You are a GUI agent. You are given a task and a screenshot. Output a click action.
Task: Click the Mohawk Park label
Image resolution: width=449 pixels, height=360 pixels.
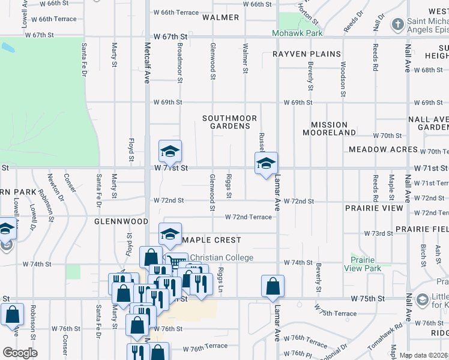(x=297, y=34)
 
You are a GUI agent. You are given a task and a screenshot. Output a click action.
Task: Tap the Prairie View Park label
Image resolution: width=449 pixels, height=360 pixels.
(x=363, y=265)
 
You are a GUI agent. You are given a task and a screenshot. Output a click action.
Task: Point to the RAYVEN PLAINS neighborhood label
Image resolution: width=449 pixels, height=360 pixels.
(x=307, y=54)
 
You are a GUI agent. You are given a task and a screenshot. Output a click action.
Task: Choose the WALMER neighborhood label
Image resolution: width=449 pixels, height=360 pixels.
(x=220, y=17)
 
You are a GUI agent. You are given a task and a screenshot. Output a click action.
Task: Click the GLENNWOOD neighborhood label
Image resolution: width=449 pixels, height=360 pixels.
(x=121, y=221)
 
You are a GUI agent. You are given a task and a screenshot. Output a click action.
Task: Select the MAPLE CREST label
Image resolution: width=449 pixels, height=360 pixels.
(x=211, y=240)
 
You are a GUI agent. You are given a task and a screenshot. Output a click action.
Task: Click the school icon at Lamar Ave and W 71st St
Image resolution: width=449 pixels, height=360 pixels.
(x=266, y=163)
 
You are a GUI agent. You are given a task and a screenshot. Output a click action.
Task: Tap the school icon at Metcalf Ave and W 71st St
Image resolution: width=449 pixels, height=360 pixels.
(x=170, y=151)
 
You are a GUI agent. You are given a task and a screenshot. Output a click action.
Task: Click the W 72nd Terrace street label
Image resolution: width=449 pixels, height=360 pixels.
(x=248, y=217)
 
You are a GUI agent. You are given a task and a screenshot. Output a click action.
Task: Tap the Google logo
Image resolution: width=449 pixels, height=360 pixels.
(x=20, y=353)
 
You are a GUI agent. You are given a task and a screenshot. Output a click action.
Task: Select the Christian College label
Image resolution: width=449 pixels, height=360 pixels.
(x=218, y=258)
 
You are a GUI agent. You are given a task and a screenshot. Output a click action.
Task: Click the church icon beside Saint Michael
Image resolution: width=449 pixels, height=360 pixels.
(x=397, y=25)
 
